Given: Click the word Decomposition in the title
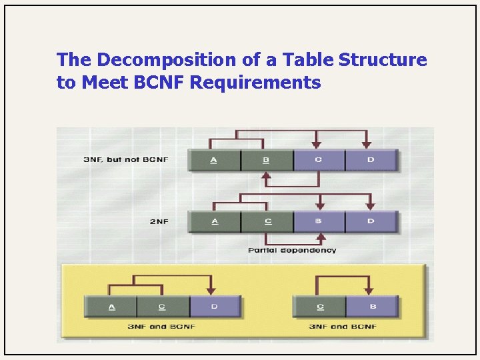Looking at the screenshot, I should (161, 60).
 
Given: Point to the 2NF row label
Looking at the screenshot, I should (158, 221).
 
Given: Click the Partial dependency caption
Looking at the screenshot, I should (292, 251).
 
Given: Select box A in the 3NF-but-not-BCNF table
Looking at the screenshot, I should (214, 161).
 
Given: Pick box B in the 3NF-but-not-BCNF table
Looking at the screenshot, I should (266, 161).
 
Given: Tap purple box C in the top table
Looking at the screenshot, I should (318, 161).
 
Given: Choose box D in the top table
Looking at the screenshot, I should (371, 161).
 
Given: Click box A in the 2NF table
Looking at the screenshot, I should (214, 221).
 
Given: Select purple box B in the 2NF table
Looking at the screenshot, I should (318, 221).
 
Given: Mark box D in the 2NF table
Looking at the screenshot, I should (371, 221).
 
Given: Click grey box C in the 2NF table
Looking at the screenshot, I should (266, 221).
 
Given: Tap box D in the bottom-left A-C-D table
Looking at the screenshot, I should (215, 307).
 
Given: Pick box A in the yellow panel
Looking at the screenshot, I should (111, 307).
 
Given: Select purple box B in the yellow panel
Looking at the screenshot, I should (372, 307).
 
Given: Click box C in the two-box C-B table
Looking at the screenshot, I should (320, 307).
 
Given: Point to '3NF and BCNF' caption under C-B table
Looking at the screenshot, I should (343, 327).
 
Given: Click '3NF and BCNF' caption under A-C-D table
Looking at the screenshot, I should (163, 327).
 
